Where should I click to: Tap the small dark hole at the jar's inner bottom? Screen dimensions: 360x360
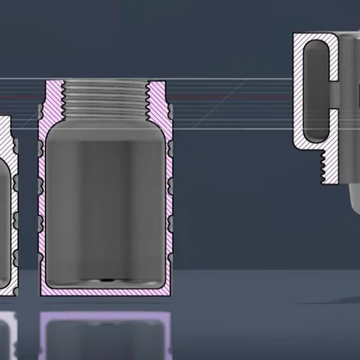coord(106,278)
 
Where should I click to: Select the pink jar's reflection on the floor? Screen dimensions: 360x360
coord(105,333)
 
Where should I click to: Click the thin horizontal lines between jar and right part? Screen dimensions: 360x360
coord(234,90)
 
